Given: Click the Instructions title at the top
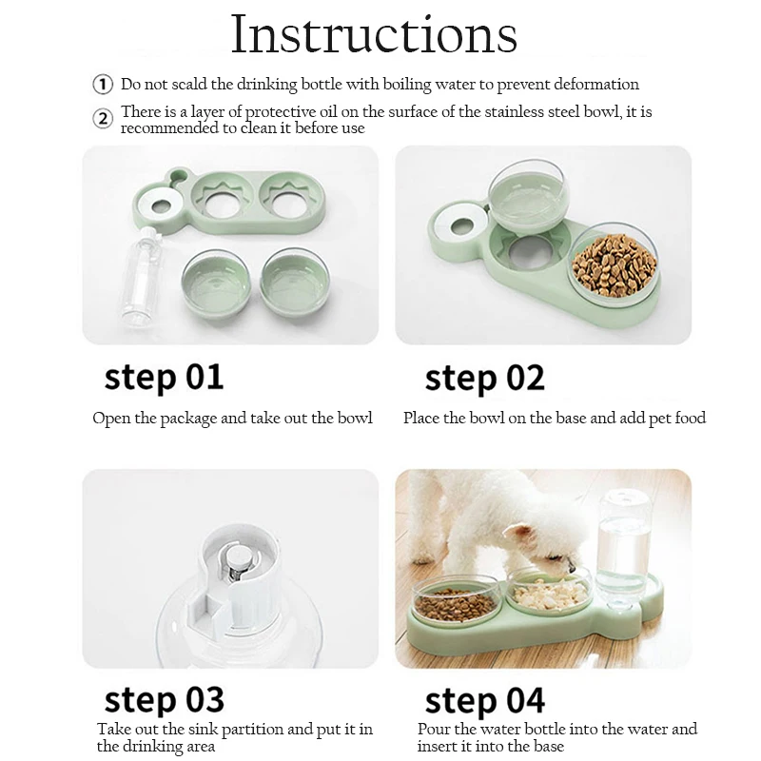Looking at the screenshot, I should pos(375,35).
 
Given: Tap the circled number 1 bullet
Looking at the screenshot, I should pos(103,85).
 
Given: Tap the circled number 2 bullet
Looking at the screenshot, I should pos(103,119).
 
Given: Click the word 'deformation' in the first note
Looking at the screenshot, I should pos(597,85).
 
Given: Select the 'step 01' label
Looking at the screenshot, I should pos(164,377).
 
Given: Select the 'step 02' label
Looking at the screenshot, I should pos(485,377).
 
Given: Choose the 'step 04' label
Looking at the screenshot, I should pos(485,701).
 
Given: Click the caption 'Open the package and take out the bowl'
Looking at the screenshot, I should pos(232,418).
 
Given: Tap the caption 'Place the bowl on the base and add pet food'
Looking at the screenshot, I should pos(554,418).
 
